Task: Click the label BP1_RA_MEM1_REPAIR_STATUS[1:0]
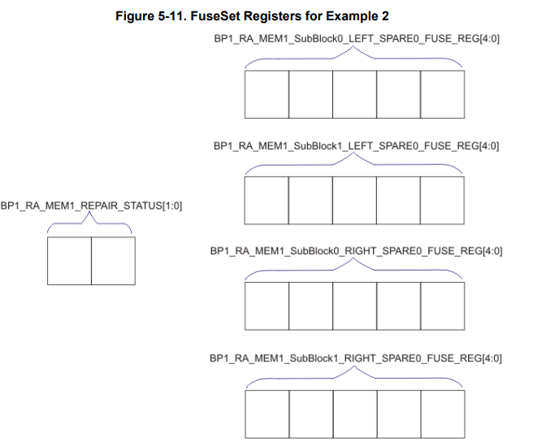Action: click(x=91, y=206)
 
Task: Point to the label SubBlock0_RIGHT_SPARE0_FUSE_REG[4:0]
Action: click(x=356, y=251)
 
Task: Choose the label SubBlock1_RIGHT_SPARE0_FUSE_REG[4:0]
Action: click(x=356, y=357)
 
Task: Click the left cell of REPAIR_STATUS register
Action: click(x=69, y=260)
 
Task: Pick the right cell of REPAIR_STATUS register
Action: click(x=113, y=260)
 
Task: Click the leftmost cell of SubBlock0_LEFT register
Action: click(x=266, y=93)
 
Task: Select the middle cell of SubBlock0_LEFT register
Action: click(x=354, y=93)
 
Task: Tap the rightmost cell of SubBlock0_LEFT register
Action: click(x=442, y=93)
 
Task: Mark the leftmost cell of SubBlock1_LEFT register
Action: click(x=266, y=199)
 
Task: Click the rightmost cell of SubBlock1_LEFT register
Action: click(x=442, y=199)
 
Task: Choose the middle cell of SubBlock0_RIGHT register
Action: click(x=354, y=305)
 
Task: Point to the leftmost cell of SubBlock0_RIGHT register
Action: click(x=266, y=305)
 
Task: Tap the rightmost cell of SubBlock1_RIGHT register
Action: click(x=442, y=414)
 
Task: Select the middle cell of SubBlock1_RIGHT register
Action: click(x=354, y=414)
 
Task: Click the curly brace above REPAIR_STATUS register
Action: click(x=91, y=223)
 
